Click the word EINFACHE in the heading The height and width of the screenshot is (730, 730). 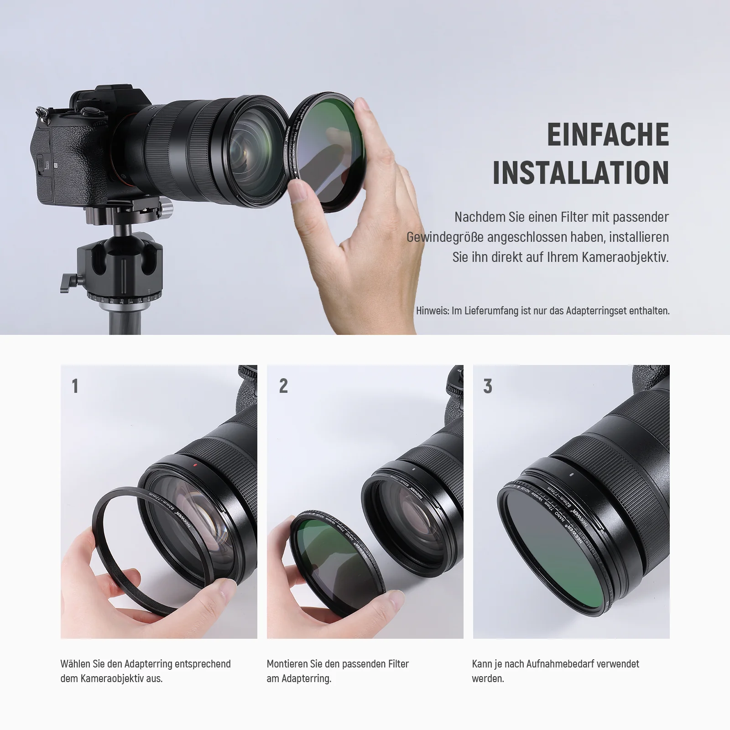click(608, 134)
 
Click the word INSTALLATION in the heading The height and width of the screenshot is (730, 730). click(581, 172)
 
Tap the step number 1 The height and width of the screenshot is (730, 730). click(75, 386)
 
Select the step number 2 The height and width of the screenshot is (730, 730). click(283, 386)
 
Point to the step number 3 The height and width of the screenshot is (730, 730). click(488, 386)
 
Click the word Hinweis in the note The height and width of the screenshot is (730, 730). click(432, 311)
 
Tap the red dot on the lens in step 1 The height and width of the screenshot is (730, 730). click(194, 466)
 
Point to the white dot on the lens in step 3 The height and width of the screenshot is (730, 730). click(572, 474)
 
